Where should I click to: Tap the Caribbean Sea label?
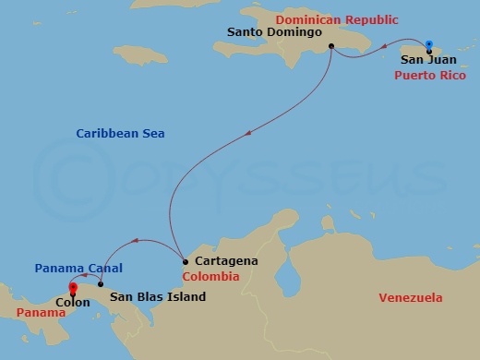point(120,134)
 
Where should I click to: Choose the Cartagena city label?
point(219,261)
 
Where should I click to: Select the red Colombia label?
point(210,276)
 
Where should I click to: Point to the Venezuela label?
point(411,297)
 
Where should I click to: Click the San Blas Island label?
point(158,297)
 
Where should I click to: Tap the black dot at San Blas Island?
point(100,284)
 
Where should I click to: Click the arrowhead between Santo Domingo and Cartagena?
point(247,137)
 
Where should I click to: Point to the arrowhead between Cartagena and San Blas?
point(136,242)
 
